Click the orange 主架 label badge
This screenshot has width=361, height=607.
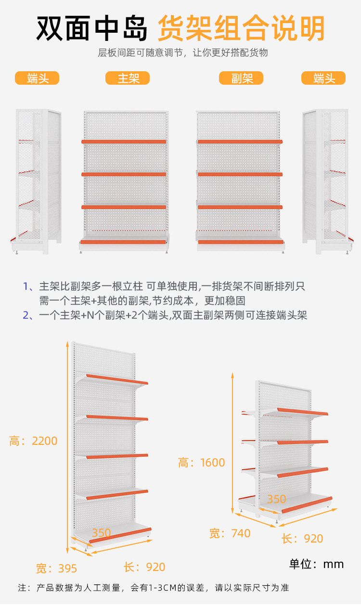click(x=128, y=78)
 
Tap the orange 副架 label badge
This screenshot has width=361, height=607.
click(x=241, y=78)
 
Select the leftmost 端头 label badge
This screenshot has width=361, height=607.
click(x=37, y=78)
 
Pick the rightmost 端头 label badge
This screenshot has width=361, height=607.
click(x=323, y=78)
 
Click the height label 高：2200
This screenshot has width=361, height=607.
click(x=33, y=440)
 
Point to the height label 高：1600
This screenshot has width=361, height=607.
click(x=201, y=463)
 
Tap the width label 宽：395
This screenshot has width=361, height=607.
click(x=56, y=568)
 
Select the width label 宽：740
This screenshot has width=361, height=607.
click(x=230, y=533)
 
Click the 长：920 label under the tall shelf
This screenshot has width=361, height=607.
click(x=144, y=567)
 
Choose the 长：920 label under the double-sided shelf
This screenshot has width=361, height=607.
click(x=302, y=539)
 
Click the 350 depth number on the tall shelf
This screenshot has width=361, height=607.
click(x=101, y=533)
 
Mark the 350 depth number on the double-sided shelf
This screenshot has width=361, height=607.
click(x=276, y=499)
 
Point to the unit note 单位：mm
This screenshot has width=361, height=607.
click(x=316, y=564)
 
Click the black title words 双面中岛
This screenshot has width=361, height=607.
click(x=92, y=29)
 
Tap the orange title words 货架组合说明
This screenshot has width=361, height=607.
click(x=241, y=29)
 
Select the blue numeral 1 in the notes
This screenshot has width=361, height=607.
click(x=26, y=286)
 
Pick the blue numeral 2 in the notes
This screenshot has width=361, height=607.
click(x=26, y=315)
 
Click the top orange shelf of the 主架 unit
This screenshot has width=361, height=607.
click(x=124, y=142)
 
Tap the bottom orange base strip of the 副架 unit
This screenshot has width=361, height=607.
click(x=240, y=242)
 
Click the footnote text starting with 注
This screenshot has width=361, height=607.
click(x=154, y=588)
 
